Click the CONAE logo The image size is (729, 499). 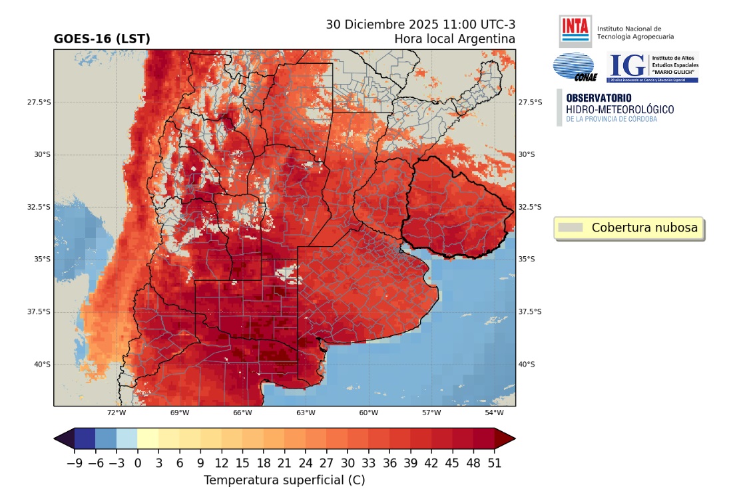(574, 67)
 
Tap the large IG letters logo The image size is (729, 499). (628, 65)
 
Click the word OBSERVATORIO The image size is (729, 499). (599, 98)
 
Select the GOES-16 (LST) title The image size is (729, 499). (102, 39)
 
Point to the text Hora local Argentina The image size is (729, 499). (455, 39)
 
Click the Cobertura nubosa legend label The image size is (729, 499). (644, 228)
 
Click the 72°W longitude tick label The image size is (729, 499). (117, 413)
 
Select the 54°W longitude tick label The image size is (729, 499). (494, 413)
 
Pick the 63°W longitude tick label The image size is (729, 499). (306, 413)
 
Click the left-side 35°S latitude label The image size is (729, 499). (42, 259)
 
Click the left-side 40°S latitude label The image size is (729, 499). (42, 364)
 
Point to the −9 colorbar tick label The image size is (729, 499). (75, 464)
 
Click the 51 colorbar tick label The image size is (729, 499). (494, 464)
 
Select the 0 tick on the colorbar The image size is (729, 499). (138, 464)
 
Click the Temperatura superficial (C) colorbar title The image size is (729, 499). (284, 480)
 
